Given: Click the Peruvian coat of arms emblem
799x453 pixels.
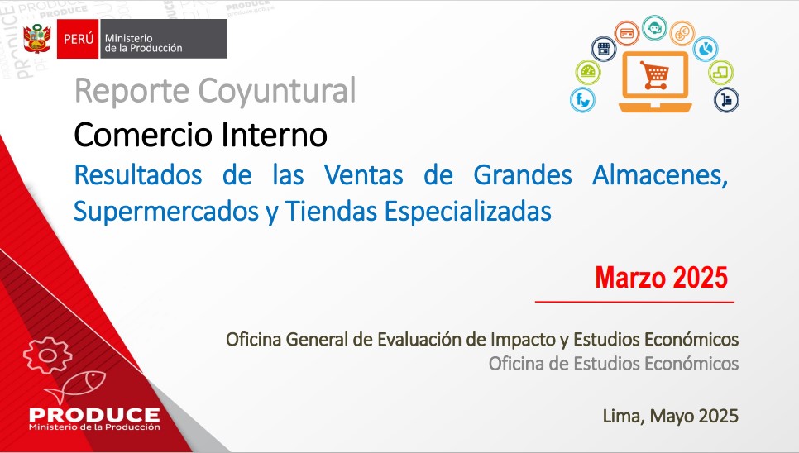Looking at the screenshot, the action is (37, 38).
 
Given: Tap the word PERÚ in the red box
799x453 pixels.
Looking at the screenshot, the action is (79, 39).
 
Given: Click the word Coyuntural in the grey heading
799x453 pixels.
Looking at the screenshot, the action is (277, 91).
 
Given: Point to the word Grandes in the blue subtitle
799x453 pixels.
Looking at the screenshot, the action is (522, 175).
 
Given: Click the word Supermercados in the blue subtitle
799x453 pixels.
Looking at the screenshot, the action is (166, 212).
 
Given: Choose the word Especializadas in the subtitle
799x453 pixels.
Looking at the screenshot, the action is (468, 212).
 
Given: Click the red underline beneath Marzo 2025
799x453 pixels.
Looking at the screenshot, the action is (634, 302).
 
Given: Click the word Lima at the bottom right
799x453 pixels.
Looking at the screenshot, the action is (621, 417).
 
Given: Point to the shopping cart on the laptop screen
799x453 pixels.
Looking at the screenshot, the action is (655, 75).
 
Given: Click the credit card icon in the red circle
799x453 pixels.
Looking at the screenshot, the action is (627, 34).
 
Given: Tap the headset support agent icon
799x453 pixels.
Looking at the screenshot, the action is (655, 27).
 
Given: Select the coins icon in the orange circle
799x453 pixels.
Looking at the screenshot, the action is (682, 34).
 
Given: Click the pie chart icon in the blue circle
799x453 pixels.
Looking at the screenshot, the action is (706, 49).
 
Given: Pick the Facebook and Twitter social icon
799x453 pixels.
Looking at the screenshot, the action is (582, 100).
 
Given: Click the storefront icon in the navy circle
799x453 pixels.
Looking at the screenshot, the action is (604, 49).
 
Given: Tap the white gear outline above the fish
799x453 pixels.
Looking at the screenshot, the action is (48, 355).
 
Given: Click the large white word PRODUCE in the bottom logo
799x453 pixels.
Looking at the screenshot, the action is (95, 415).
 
